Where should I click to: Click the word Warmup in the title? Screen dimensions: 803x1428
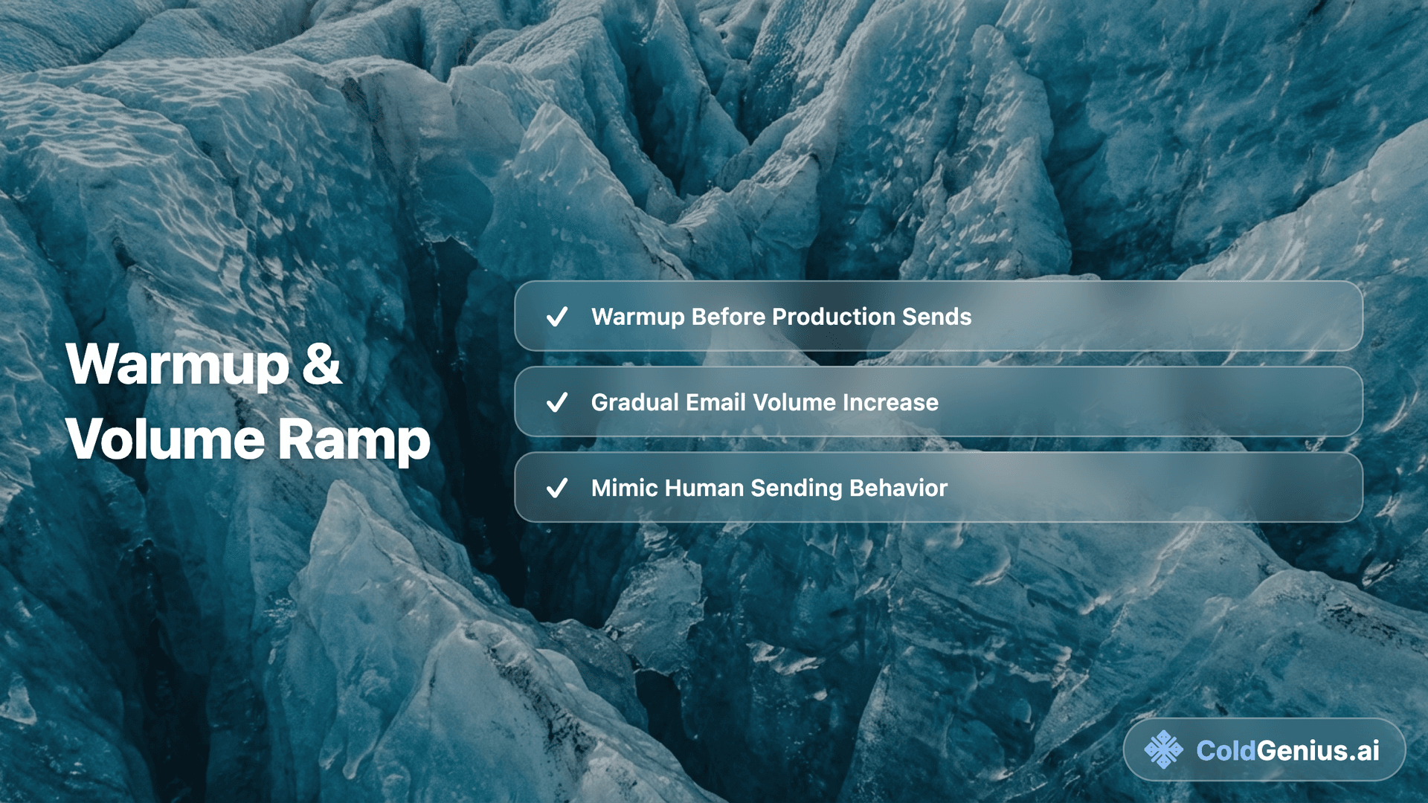[x=177, y=365]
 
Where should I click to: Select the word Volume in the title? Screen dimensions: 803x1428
[x=165, y=439]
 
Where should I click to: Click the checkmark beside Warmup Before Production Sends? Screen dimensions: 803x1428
[x=557, y=317]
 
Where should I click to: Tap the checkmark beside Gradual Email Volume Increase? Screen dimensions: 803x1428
[x=557, y=402]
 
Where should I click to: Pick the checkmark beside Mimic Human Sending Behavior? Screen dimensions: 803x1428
[x=557, y=488]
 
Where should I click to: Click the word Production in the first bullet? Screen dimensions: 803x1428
[x=834, y=317]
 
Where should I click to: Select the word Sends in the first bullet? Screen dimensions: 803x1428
[x=936, y=317]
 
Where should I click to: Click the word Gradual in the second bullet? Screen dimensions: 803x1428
[x=634, y=402]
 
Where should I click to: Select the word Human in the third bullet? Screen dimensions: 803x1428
[x=704, y=488]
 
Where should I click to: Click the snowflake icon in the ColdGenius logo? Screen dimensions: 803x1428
[x=1163, y=749]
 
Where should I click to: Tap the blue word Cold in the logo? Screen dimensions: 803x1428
[x=1226, y=751]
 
